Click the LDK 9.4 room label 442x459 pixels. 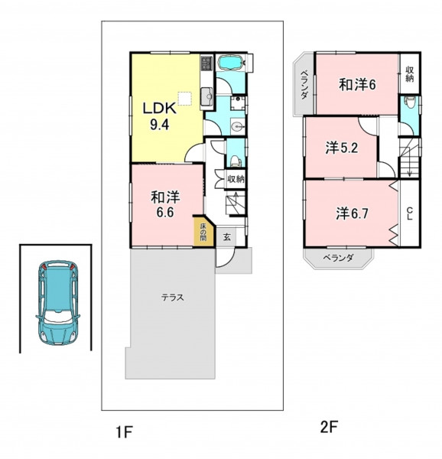(x=159, y=116)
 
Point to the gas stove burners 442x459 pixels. (x=206, y=63)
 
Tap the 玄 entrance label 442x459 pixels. (x=227, y=236)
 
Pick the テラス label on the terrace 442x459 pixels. (x=173, y=298)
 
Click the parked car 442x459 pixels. (x=58, y=302)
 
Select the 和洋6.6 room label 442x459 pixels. (x=165, y=204)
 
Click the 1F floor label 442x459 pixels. (x=125, y=432)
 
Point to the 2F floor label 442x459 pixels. (x=329, y=428)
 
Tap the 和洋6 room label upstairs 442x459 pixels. (x=357, y=85)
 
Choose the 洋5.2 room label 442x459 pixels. (x=342, y=148)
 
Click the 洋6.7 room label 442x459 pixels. (x=352, y=213)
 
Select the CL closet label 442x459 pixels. (x=410, y=213)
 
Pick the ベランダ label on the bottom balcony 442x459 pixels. (x=339, y=258)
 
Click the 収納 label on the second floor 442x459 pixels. (x=410, y=74)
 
